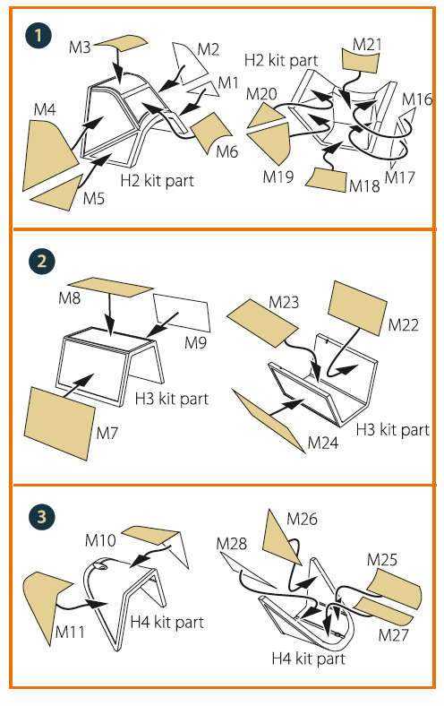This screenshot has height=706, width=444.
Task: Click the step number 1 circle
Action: tap(38, 36)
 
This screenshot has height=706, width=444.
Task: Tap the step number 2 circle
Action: tap(42, 261)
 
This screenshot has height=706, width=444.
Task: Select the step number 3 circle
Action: tap(42, 516)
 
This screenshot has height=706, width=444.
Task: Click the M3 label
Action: tap(80, 47)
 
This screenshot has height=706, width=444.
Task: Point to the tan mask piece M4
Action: tap(47, 153)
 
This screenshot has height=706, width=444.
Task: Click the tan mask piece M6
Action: tap(210, 132)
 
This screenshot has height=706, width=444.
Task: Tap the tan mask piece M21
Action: tap(361, 60)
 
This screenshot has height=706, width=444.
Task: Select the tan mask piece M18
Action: tap(327, 179)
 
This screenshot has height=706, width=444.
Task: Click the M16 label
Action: tap(417, 99)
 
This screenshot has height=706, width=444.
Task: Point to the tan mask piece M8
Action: tap(111, 287)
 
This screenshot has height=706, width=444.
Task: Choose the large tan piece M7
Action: tap(59, 423)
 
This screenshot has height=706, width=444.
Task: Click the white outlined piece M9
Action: tap(183, 313)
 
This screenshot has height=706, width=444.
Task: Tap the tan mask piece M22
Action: tap(358, 308)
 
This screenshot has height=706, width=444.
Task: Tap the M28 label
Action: tap(231, 544)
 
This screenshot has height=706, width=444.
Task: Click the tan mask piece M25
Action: tap(395, 589)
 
